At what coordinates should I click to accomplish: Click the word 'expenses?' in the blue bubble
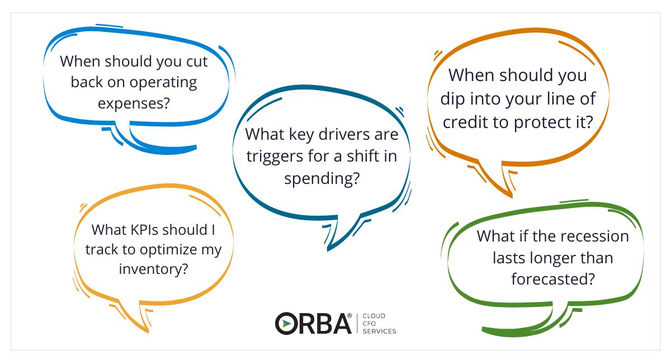point(134,103)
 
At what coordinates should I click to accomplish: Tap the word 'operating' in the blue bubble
point(163,83)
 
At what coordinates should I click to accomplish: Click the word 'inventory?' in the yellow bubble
point(153,269)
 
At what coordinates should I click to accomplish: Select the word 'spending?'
point(322,179)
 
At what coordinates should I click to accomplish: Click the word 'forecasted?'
point(553,279)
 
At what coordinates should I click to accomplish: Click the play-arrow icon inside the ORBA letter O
point(287,323)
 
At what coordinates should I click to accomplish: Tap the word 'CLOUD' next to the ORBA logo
point(374,316)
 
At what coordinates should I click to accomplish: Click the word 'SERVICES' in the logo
point(379,331)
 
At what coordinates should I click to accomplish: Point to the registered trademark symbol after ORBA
point(349,316)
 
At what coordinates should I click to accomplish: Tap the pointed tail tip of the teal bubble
point(328,250)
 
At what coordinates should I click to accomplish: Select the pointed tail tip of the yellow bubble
point(148,331)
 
